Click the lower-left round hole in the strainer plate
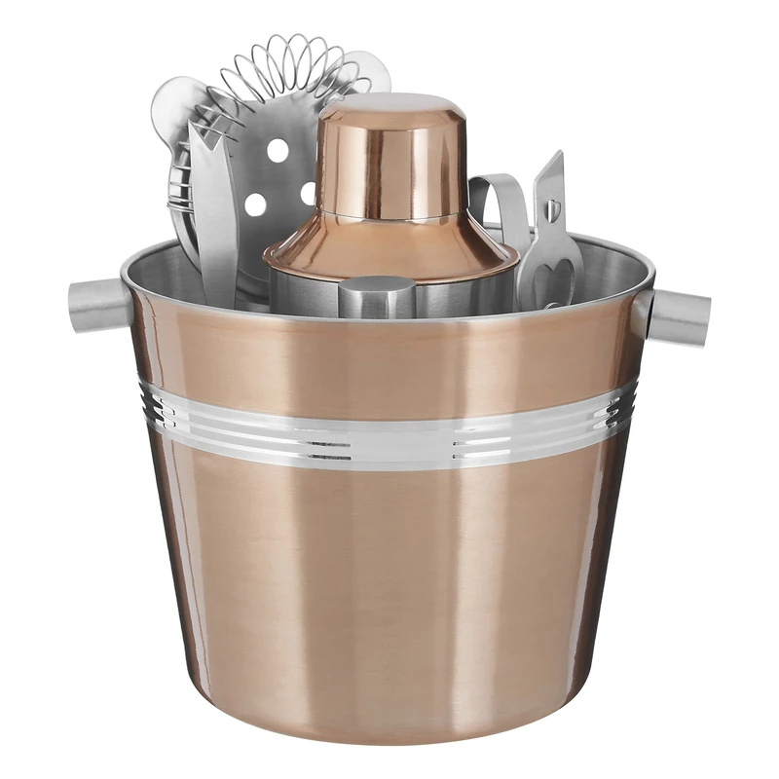tap(256, 204)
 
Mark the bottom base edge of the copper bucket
tap(389, 735)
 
